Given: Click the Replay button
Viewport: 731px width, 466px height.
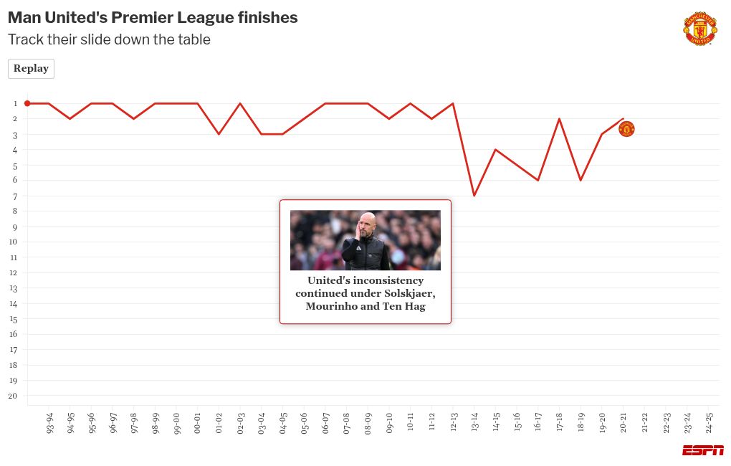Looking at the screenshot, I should click(31, 69).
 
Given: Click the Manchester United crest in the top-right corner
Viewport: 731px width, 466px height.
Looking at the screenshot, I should click(699, 29).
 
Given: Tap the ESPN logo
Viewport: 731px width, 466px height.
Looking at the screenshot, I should click(702, 450).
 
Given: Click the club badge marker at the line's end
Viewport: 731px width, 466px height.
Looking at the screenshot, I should click(626, 129).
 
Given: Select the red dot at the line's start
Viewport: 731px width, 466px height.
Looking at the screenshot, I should click(27, 103).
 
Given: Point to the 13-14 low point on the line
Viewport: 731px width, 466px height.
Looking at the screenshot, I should click(474, 196).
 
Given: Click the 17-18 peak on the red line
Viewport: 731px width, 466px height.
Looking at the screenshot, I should click(559, 119).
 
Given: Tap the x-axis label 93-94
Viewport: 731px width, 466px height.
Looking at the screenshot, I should click(49, 422).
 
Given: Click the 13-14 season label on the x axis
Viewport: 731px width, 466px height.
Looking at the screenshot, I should click(474, 422).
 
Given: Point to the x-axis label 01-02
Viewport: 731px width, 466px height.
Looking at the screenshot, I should click(219, 422).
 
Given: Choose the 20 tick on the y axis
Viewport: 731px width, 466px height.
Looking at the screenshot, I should click(14, 396).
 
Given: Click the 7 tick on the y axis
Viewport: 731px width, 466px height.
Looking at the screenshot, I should click(14, 196).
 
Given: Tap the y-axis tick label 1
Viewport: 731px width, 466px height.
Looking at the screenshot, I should click(14, 103).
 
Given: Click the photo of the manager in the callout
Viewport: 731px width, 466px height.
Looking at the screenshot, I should click(365, 240).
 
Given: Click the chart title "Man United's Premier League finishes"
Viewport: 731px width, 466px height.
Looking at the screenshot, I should click(153, 18).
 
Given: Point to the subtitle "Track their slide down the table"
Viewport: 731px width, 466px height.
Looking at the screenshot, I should click(109, 40).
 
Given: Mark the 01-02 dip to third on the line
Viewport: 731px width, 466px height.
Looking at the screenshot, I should click(219, 134).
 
